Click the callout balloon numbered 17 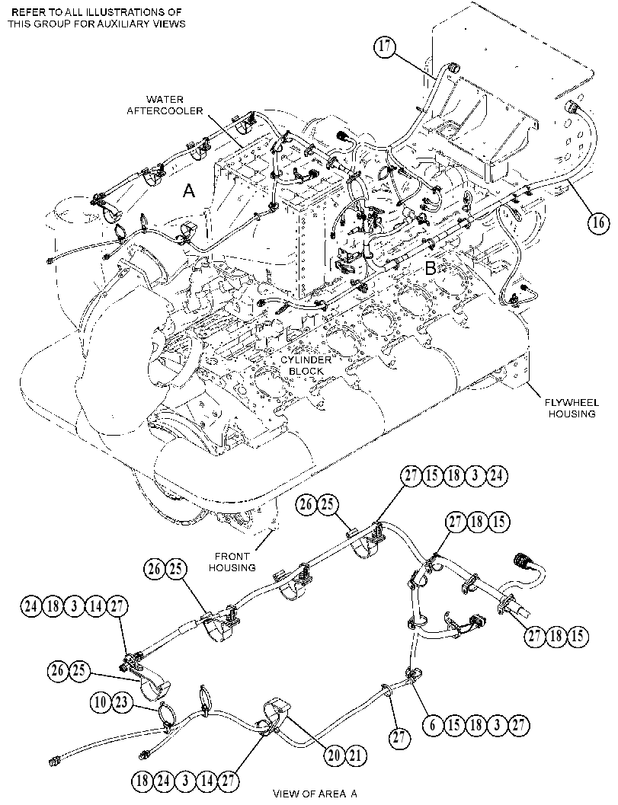pyautogui.click(x=385, y=46)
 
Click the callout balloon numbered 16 pyautogui.click(x=598, y=223)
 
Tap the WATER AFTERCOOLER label pyautogui.click(x=165, y=105)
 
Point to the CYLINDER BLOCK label pyautogui.click(x=306, y=365)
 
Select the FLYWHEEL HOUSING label pyautogui.click(x=572, y=409)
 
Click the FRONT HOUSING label pyautogui.click(x=232, y=561)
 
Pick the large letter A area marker pyautogui.click(x=189, y=191)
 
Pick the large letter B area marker pyautogui.click(x=431, y=267)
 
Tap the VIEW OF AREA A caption pyautogui.click(x=315, y=794)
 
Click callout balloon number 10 pyautogui.click(x=101, y=702)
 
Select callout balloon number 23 pyautogui.click(x=121, y=702)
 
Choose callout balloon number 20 pyautogui.click(x=335, y=755)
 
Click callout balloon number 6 pyautogui.click(x=433, y=725)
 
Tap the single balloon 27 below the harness pyautogui.click(x=399, y=738)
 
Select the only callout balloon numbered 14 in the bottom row pyautogui.click(x=207, y=781)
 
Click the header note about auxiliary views pyautogui.click(x=97, y=18)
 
